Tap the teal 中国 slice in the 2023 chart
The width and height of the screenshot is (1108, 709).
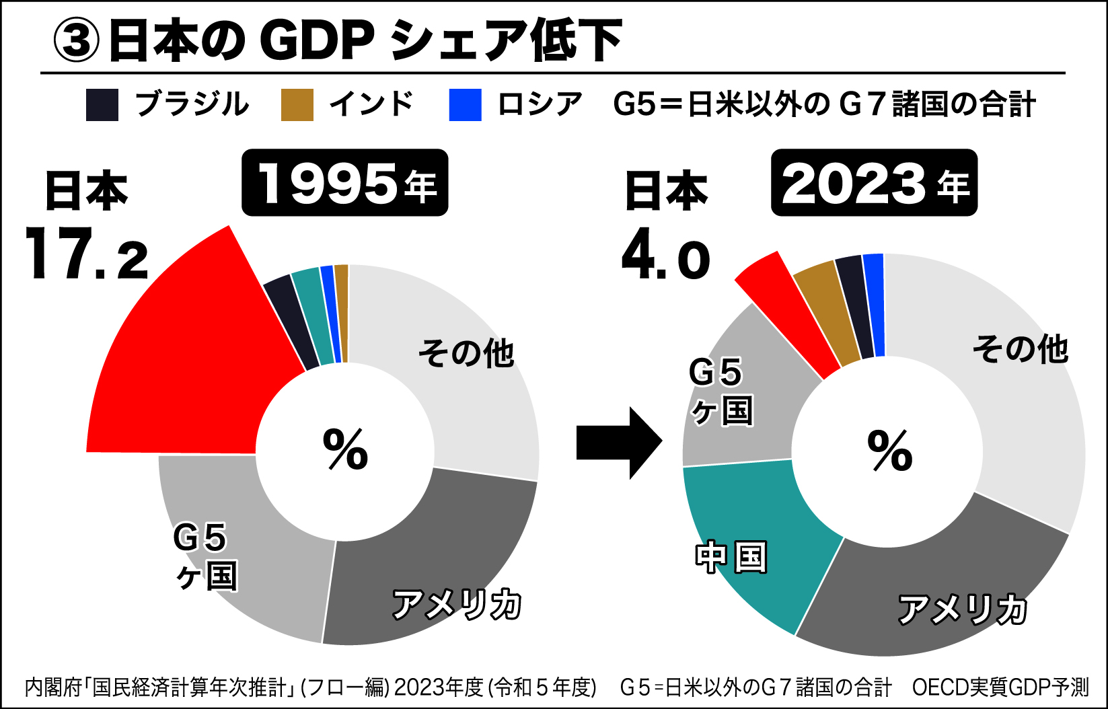click(x=753, y=538)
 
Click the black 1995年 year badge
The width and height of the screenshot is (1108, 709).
click(x=344, y=183)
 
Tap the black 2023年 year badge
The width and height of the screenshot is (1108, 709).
click(x=874, y=183)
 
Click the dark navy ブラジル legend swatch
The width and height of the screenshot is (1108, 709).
click(x=102, y=105)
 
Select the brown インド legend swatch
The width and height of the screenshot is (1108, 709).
click(x=297, y=105)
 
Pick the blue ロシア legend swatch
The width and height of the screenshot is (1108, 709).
click(x=466, y=105)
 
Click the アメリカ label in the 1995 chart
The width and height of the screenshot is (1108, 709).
click(x=457, y=604)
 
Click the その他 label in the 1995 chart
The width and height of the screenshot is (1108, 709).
click(x=466, y=352)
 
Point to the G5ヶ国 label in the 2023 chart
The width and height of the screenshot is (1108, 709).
click(x=720, y=391)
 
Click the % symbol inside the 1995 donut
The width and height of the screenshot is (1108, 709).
click(x=345, y=449)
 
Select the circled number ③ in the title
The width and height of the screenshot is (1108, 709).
click(x=77, y=40)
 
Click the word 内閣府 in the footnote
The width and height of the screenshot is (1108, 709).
click(x=52, y=687)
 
